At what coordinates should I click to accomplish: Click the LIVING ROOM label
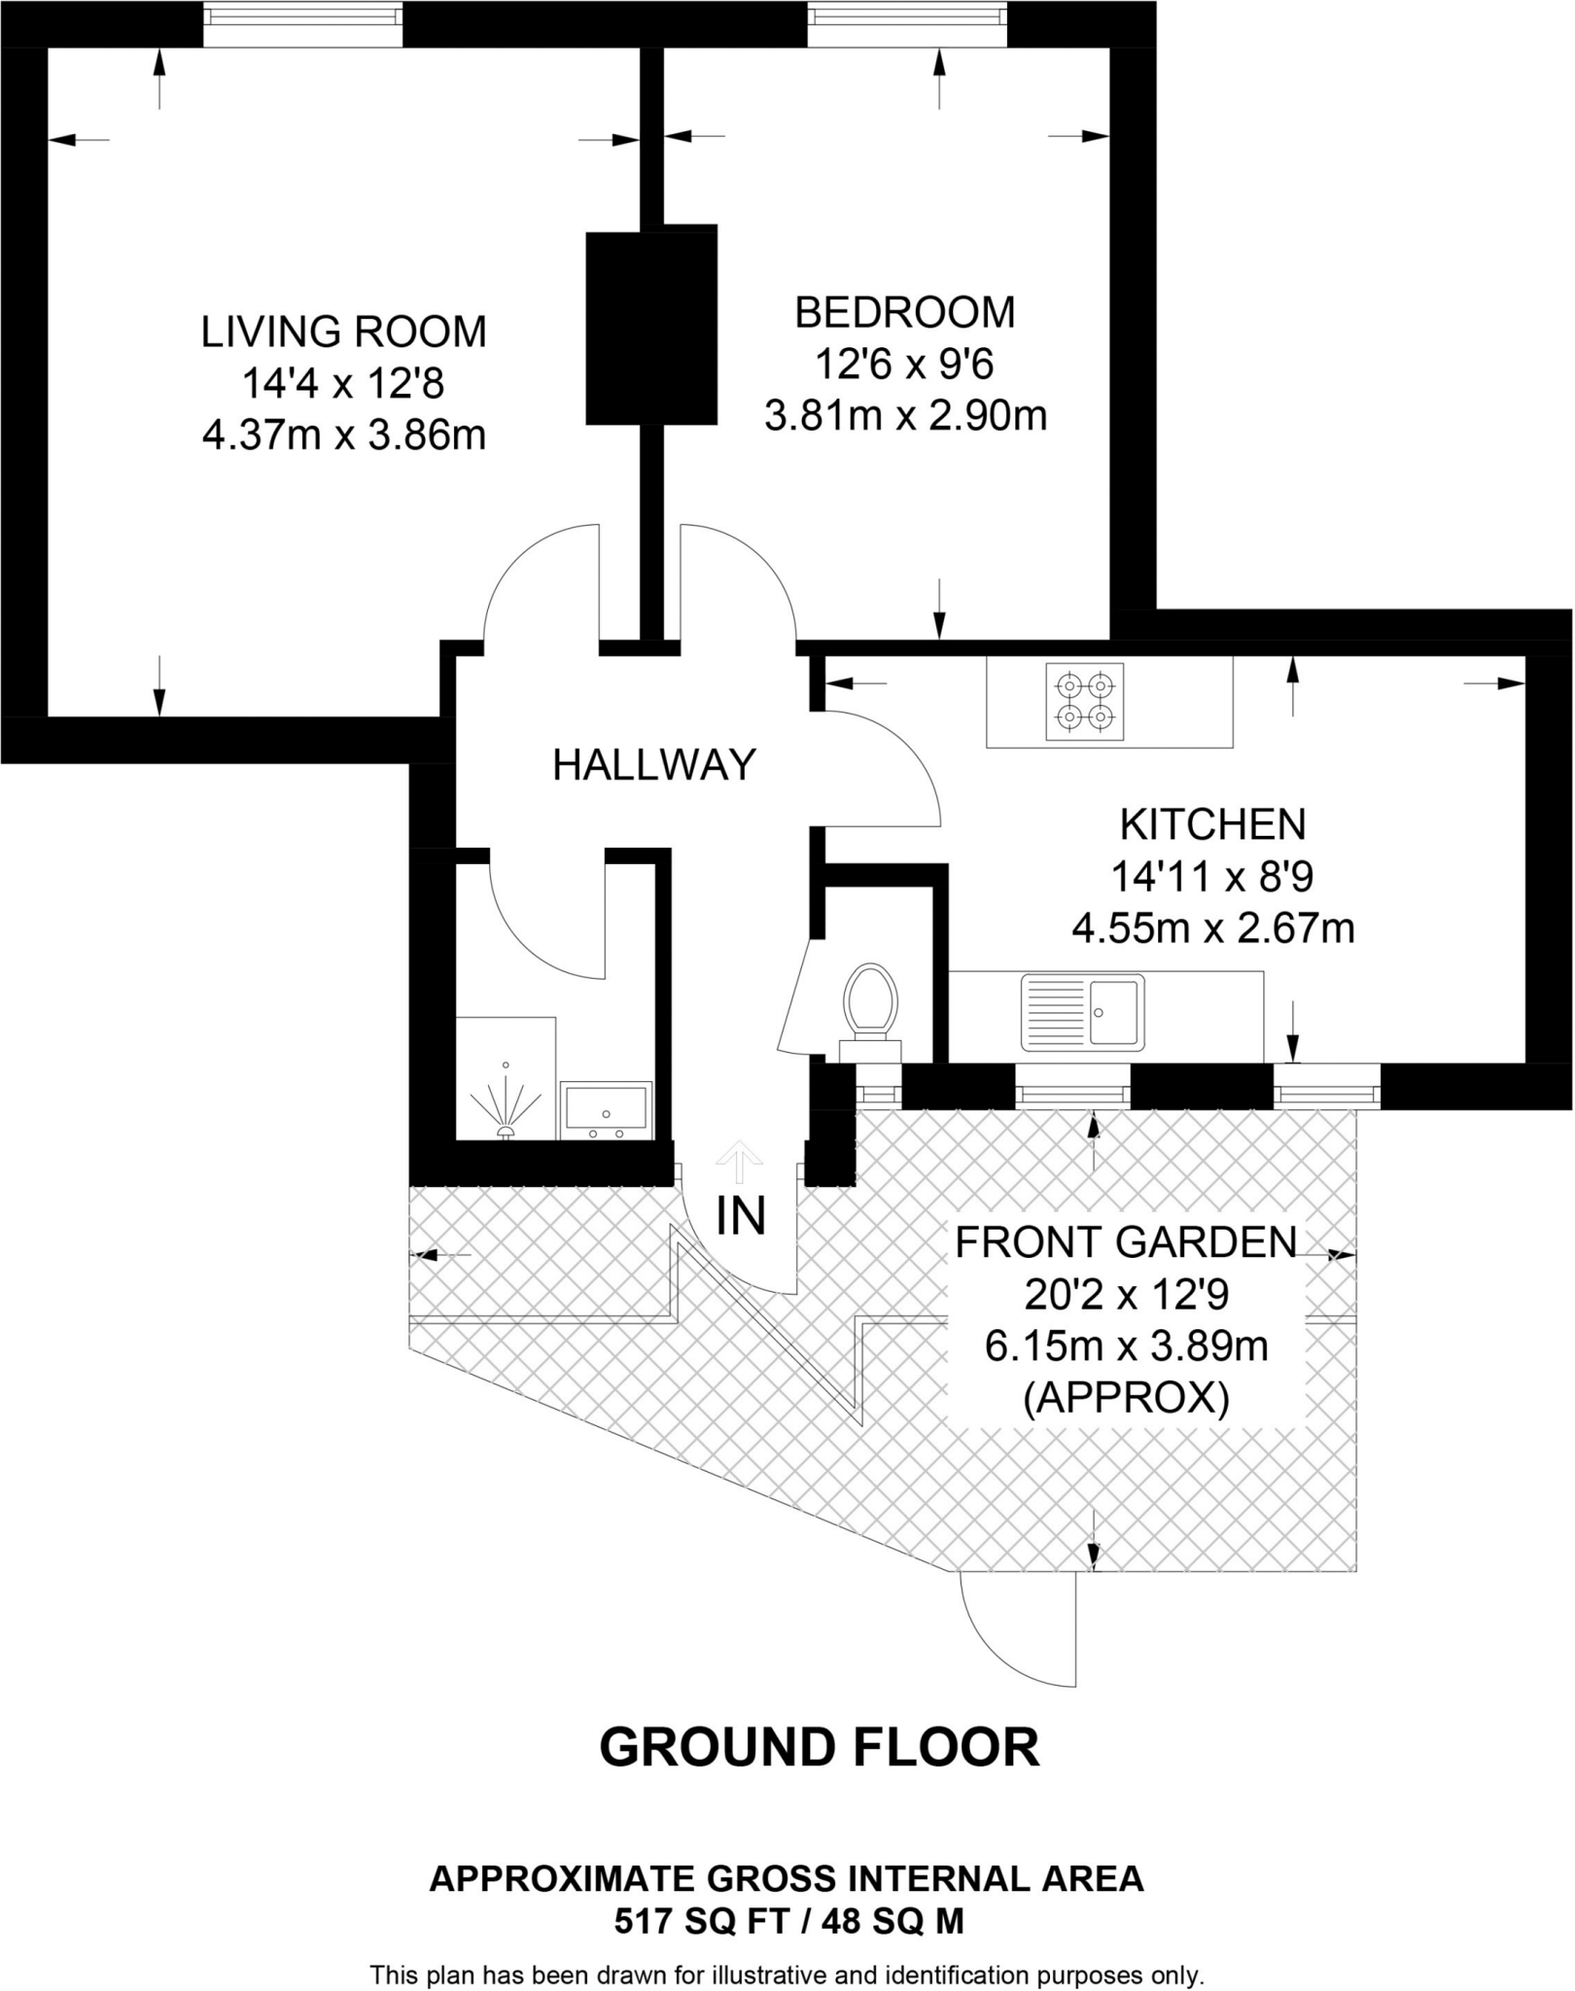click(343, 332)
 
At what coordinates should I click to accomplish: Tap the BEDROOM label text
click(904, 313)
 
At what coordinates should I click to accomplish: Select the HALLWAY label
click(653, 766)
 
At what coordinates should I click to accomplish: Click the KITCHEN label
click(1212, 825)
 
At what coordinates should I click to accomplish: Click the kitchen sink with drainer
click(1082, 1013)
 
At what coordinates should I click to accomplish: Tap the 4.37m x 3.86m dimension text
click(343, 436)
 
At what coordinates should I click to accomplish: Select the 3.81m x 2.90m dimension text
click(904, 417)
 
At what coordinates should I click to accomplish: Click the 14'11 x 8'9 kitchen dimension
click(1212, 878)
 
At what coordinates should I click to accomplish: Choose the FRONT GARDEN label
click(1126, 1243)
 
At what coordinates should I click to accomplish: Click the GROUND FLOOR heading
click(819, 1748)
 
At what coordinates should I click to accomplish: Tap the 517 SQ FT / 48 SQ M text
click(787, 1922)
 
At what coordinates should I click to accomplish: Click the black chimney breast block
click(650, 327)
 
